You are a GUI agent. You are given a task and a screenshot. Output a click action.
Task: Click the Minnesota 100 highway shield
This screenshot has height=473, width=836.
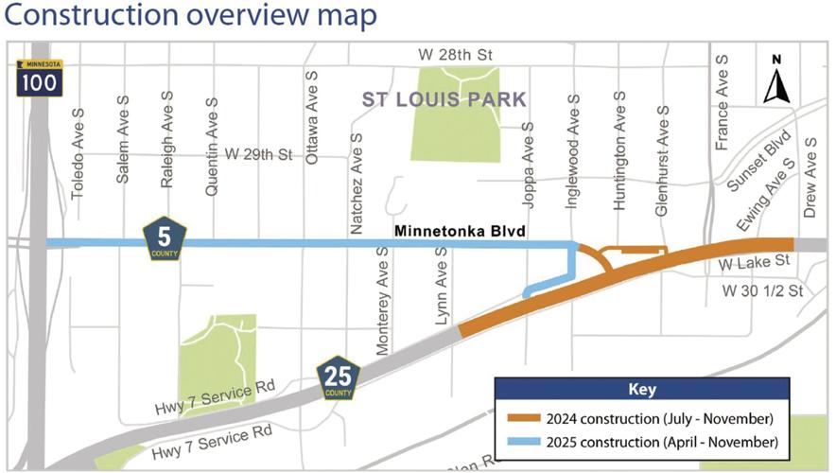(39, 78)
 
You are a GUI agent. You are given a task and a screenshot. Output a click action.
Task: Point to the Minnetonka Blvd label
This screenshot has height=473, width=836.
(460, 231)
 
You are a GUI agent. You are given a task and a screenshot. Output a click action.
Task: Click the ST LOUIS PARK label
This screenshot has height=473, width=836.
(444, 99)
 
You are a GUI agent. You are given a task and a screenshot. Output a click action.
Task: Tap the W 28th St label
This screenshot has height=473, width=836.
(459, 56)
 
